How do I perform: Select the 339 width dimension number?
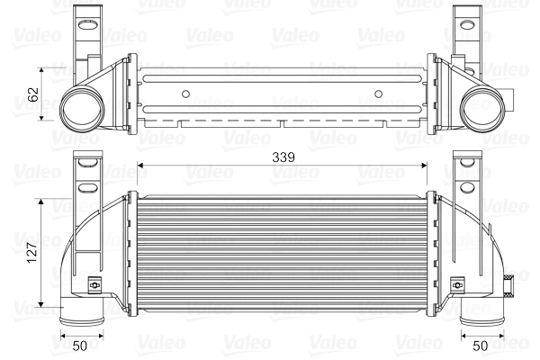click(282, 157)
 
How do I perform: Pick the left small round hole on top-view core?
click(185, 93)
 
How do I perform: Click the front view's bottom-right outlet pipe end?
click(477, 319)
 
